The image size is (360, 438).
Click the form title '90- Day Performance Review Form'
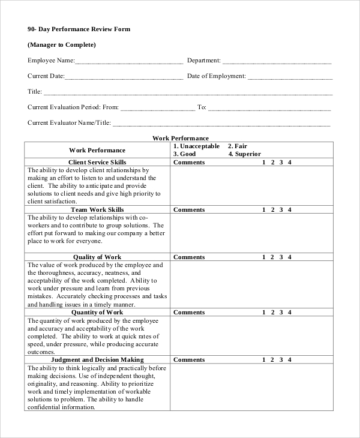79,29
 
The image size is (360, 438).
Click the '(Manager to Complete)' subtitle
62,44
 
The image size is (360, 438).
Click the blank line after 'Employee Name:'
129,61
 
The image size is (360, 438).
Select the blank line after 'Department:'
277,61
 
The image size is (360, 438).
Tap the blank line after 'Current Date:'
124,77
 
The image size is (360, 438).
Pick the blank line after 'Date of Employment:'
290,77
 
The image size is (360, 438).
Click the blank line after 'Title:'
188,93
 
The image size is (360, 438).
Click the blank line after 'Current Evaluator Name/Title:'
221,124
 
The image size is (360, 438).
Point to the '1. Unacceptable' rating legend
196,146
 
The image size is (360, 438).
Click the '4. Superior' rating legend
244,154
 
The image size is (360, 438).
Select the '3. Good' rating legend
185,154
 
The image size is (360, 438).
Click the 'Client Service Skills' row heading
97,163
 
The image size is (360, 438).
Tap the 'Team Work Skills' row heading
97,210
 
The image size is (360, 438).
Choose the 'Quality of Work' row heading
97,257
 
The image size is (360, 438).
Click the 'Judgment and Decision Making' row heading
97,360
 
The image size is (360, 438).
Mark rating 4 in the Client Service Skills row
290,163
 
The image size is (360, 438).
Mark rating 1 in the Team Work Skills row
264,210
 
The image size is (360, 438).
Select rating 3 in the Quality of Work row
281,257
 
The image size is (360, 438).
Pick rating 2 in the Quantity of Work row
273,313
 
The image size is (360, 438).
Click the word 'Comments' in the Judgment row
189,360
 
